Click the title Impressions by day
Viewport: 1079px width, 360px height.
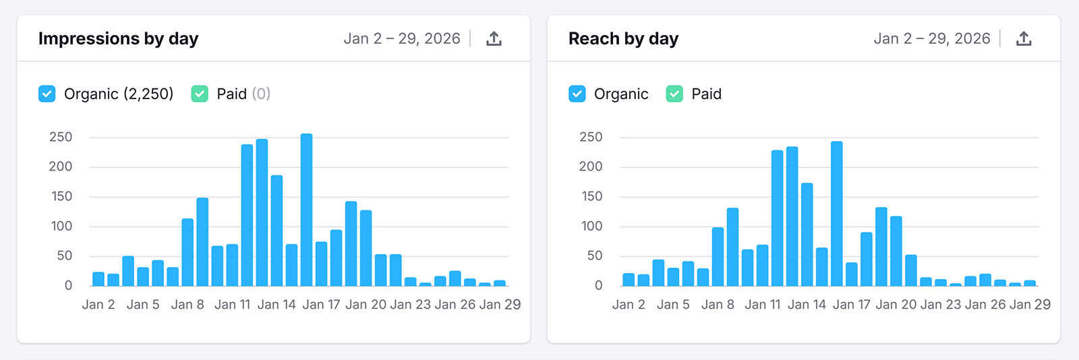118,39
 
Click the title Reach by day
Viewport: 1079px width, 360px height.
623,39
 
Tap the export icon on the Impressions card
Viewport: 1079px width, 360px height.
494,39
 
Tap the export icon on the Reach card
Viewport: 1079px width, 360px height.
1024,39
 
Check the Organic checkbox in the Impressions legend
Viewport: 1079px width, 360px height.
47,94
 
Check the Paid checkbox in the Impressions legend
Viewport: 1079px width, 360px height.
200,94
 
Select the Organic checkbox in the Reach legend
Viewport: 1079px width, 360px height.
577,94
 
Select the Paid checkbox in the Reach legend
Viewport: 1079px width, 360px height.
674,94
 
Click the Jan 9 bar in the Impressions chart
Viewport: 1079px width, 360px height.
202,243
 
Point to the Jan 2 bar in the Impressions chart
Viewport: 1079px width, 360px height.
98,279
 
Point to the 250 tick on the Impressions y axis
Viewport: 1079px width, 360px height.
61,138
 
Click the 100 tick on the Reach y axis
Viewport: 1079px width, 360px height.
591,227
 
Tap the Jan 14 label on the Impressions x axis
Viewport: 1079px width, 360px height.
276,305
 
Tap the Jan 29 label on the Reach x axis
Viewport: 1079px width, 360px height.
1030,305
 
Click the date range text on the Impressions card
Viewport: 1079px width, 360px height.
402,39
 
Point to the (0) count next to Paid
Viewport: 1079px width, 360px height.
261,94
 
